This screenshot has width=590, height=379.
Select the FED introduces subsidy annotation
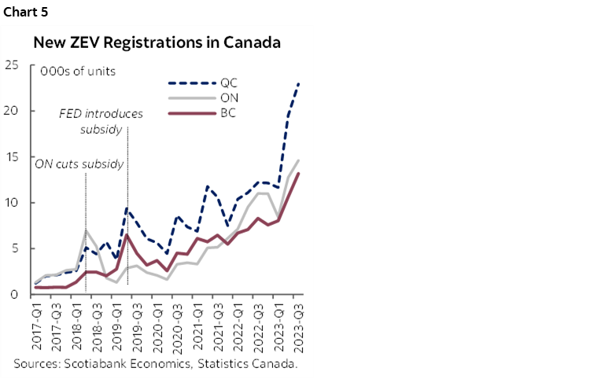point(101,121)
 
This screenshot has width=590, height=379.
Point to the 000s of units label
point(78,71)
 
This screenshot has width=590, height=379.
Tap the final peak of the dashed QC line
point(299,83)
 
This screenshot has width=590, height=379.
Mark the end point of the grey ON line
point(299,160)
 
